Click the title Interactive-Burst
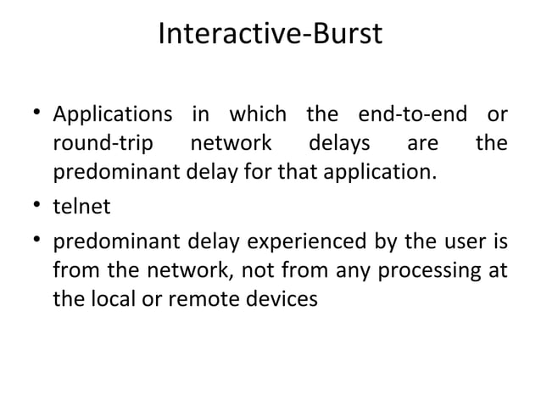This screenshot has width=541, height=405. [x=270, y=35]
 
